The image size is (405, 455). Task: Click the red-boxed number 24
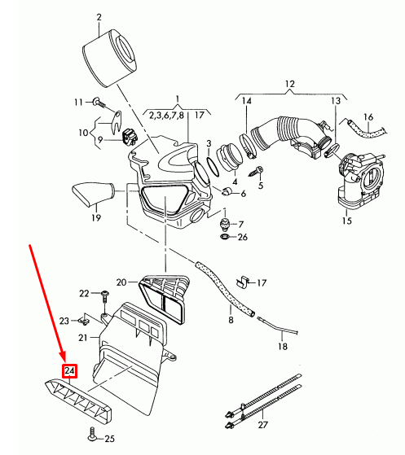[70, 372]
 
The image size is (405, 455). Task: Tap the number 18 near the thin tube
[282, 346]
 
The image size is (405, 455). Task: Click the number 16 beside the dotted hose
[368, 117]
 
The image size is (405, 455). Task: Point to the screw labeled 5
[259, 169]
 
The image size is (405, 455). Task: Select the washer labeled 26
[224, 237]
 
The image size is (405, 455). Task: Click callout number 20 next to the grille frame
[121, 282]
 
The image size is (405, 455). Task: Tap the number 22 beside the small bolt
[84, 293]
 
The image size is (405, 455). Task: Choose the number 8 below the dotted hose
[231, 321]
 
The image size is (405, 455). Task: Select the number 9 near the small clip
[101, 139]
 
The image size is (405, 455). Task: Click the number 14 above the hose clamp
[247, 101]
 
